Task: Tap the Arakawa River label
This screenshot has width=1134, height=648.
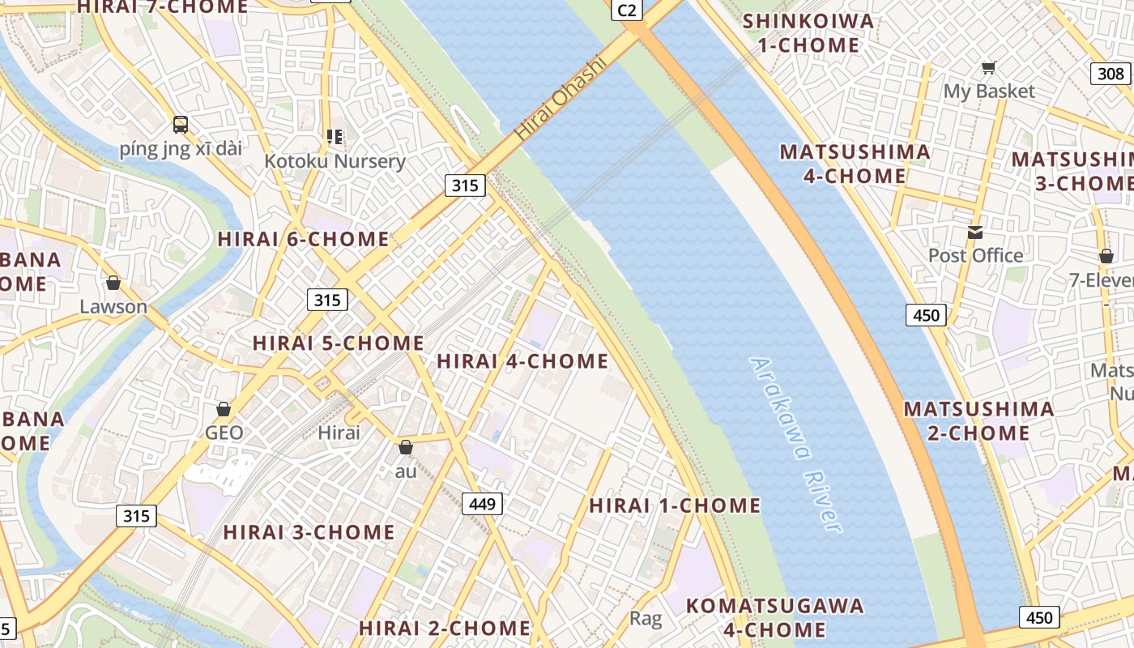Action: (796, 445)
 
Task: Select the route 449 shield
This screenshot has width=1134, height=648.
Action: (483, 505)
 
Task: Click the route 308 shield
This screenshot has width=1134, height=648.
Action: (1110, 74)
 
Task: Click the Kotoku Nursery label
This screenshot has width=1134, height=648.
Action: (335, 161)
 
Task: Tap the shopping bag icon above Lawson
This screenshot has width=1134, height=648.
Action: (113, 283)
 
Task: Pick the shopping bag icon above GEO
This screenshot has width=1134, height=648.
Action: (224, 409)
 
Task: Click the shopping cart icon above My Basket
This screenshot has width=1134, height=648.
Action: (988, 67)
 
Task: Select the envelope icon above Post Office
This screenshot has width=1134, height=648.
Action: (975, 232)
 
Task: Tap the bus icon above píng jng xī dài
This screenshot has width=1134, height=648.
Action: (181, 125)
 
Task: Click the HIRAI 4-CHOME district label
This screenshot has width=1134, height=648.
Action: (522, 361)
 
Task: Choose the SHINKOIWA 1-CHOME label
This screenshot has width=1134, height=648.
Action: (808, 33)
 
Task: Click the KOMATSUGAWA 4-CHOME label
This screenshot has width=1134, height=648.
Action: (774, 617)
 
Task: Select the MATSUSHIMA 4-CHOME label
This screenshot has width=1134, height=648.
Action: (855, 164)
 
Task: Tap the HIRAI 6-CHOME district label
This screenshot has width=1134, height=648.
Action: (304, 239)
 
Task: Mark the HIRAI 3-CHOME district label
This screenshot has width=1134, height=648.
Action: (309, 532)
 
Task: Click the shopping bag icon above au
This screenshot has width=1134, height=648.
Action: (406, 447)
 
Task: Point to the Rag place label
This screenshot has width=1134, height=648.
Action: (646, 620)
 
